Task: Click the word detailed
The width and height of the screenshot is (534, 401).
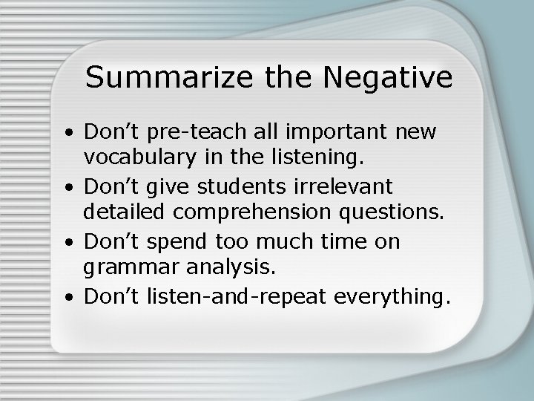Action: [x=128, y=213]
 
